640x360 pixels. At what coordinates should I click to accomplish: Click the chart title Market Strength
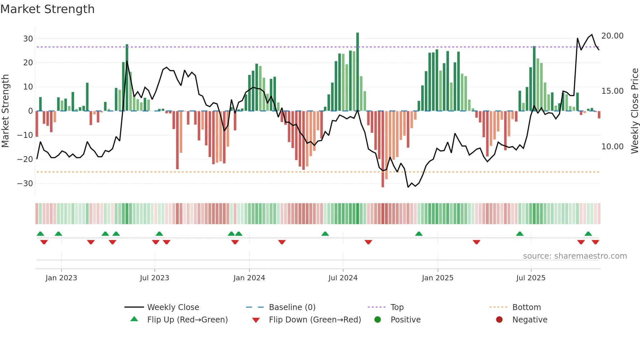click(x=47, y=9)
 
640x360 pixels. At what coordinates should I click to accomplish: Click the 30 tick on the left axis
click(x=28, y=39)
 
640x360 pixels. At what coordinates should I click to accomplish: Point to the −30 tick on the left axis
click(x=25, y=184)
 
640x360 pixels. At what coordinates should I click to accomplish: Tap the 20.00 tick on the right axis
click(x=612, y=36)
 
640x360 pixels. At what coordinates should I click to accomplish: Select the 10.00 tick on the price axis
click(x=612, y=147)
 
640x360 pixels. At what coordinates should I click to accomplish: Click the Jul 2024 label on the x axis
click(x=343, y=278)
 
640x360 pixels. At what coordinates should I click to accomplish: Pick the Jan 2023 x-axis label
click(x=61, y=278)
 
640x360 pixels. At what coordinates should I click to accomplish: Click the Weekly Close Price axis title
click(x=634, y=111)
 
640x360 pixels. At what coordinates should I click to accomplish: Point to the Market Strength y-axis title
click(x=5, y=111)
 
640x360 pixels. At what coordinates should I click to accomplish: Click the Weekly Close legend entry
click(x=173, y=307)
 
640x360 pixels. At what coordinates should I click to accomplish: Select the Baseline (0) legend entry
click(x=292, y=307)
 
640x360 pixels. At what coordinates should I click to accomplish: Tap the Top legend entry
click(x=397, y=307)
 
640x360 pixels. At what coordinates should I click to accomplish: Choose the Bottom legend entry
click(x=526, y=307)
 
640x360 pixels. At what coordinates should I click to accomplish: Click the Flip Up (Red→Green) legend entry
click(x=187, y=320)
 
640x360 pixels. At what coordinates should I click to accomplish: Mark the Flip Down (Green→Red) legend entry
click(x=315, y=320)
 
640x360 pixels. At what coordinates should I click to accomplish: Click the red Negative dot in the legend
click(x=499, y=320)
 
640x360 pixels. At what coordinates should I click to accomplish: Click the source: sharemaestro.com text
click(x=575, y=256)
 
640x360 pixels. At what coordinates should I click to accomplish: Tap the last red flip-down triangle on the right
click(x=595, y=242)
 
